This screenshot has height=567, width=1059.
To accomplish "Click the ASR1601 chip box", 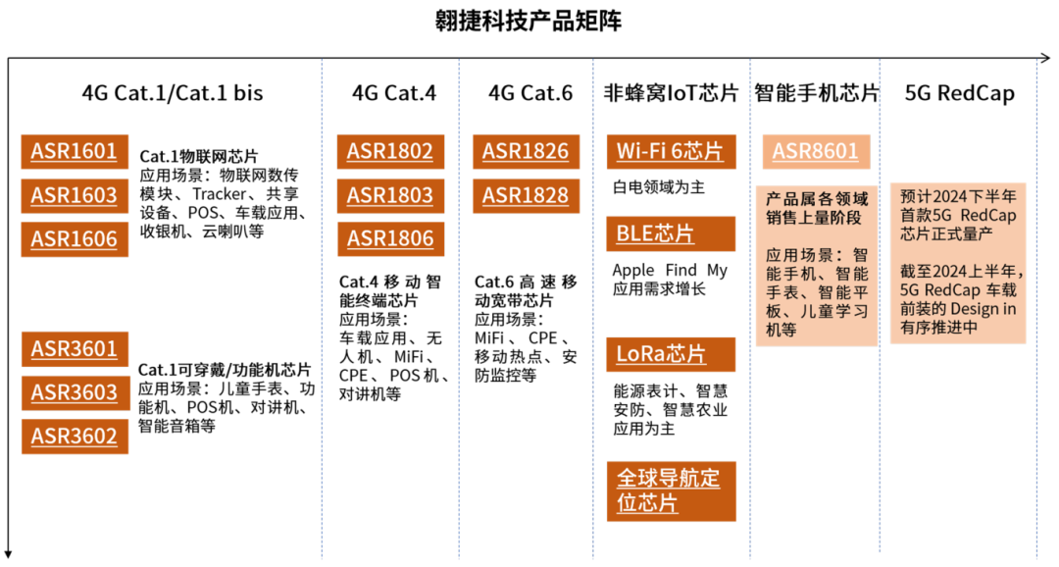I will tap(75, 152).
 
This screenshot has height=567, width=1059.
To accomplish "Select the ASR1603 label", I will tap(75, 195).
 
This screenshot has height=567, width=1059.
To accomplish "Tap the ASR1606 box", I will tap(75, 238).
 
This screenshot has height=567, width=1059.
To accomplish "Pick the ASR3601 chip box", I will tap(75, 349).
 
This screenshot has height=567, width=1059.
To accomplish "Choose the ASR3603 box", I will tap(75, 392).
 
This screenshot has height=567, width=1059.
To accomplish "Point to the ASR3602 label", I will tap(75, 436).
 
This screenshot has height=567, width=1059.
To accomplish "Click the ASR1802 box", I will tap(390, 152).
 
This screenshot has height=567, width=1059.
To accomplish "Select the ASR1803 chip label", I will tap(390, 195).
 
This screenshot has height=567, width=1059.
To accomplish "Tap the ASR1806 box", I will tap(390, 238).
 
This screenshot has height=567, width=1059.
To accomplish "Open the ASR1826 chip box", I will tap(526, 152).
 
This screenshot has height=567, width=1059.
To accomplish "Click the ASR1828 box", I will tap(526, 195).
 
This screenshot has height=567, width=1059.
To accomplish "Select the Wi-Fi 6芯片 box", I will tap(671, 152).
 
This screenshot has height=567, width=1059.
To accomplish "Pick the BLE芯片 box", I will tap(671, 233).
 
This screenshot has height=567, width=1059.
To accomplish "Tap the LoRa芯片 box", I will tap(671, 354).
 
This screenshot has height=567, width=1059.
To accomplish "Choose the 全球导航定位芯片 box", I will tap(671, 490).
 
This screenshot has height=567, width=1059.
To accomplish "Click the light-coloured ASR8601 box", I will tap(816, 152).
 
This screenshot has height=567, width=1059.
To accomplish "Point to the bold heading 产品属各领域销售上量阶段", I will tap(816, 208).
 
